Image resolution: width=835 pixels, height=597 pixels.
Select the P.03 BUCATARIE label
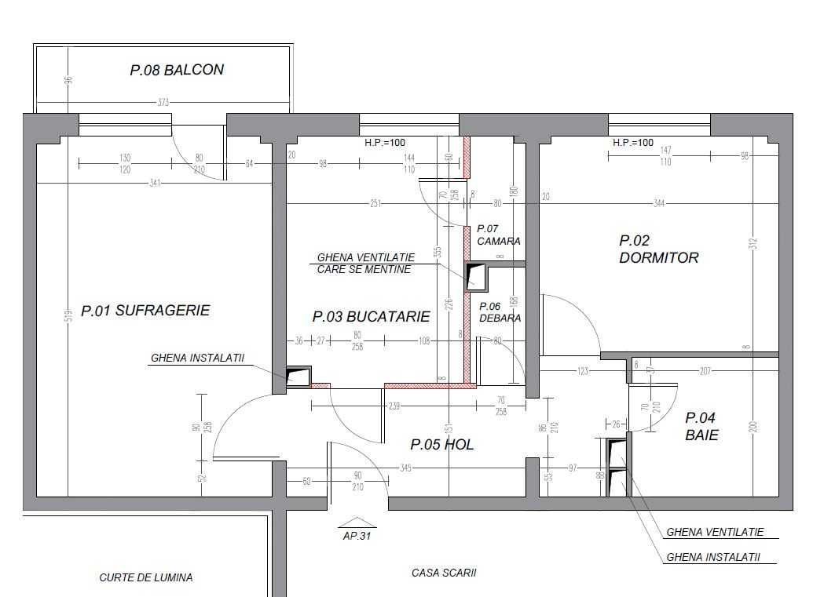(371, 317)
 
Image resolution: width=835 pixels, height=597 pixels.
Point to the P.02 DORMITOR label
(658, 249)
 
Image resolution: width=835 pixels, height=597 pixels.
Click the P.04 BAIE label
(701, 426)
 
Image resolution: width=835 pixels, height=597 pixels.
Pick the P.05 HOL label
(442, 445)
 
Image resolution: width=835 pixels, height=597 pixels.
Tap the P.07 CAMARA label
(498, 235)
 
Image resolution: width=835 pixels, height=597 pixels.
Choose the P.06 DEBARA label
(500, 312)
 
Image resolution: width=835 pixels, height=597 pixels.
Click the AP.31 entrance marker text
(357, 537)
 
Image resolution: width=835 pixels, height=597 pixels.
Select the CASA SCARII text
(444, 573)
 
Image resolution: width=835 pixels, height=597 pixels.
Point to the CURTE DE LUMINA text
(146, 577)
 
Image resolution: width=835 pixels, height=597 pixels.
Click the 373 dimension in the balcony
(163, 103)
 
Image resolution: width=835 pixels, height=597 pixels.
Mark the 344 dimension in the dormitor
(658, 204)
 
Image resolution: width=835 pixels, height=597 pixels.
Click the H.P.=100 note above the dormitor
(633, 143)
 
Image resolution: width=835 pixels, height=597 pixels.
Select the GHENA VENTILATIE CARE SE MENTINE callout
(365, 263)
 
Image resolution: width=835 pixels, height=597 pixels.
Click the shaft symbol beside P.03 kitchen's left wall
(298, 377)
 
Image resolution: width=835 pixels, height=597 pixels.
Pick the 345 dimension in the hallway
(406, 468)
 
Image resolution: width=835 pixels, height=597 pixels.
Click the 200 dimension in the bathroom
(753, 427)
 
